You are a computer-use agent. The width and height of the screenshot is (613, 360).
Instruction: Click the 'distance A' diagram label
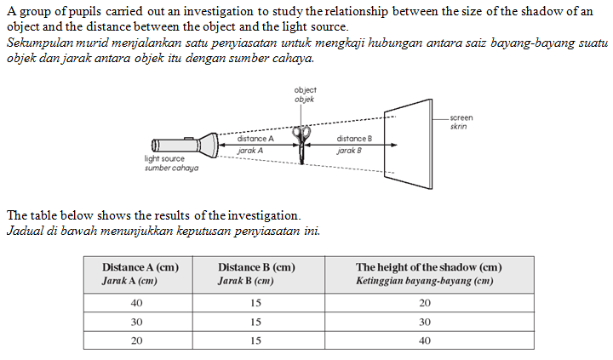pyautogui.click(x=255, y=138)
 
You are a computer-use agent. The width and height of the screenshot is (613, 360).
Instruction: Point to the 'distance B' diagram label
pyautogui.click(x=354, y=138)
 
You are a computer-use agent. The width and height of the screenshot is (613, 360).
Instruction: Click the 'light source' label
pyautogui.click(x=165, y=159)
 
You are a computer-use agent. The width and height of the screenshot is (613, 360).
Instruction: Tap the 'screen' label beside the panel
pyautogui.click(x=461, y=118)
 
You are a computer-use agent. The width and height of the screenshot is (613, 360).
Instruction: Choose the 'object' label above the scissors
pyautogui.click(x=305, y=90)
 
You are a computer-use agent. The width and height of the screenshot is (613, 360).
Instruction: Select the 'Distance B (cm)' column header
pyautogui.click(x=256, y=267)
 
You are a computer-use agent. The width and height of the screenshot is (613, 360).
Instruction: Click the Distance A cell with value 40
pyautogui.click(x=136, y=303)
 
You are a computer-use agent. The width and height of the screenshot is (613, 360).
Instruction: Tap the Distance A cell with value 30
pyautogui.click(x=136, y=322)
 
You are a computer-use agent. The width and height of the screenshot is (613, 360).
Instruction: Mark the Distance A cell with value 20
pyautogui.click(x=136, y=340)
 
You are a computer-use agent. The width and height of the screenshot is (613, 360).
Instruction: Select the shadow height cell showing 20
pyautogui.click(x=425, y=303)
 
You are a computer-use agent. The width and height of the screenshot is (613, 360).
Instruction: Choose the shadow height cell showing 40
pyautogui.click(x=425, y=340)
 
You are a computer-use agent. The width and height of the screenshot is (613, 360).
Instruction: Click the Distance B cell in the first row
pyautogui.click(x=256, y=303)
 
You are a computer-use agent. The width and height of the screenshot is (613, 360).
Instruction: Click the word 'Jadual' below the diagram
pyautogui.click(x=23, y=231)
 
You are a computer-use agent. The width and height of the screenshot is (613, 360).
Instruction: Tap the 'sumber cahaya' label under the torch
pyautogui.click(x=171, y=168)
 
